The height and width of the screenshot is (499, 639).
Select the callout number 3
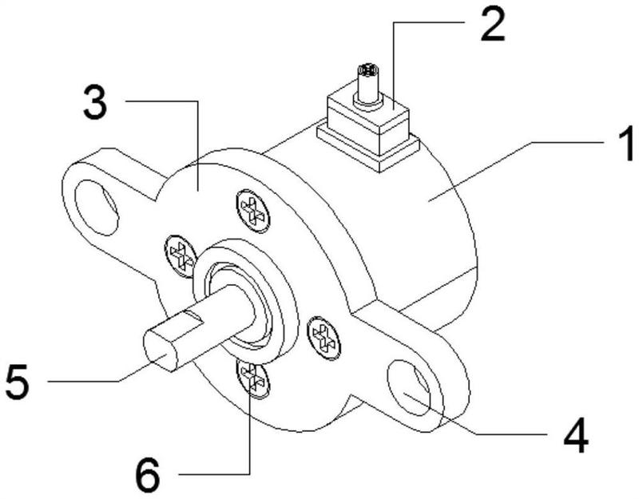(97, 105)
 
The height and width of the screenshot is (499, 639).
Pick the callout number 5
(17, 382)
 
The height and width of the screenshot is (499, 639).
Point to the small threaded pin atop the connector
(368, 78)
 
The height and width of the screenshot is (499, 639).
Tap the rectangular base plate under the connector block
(375, 148)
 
